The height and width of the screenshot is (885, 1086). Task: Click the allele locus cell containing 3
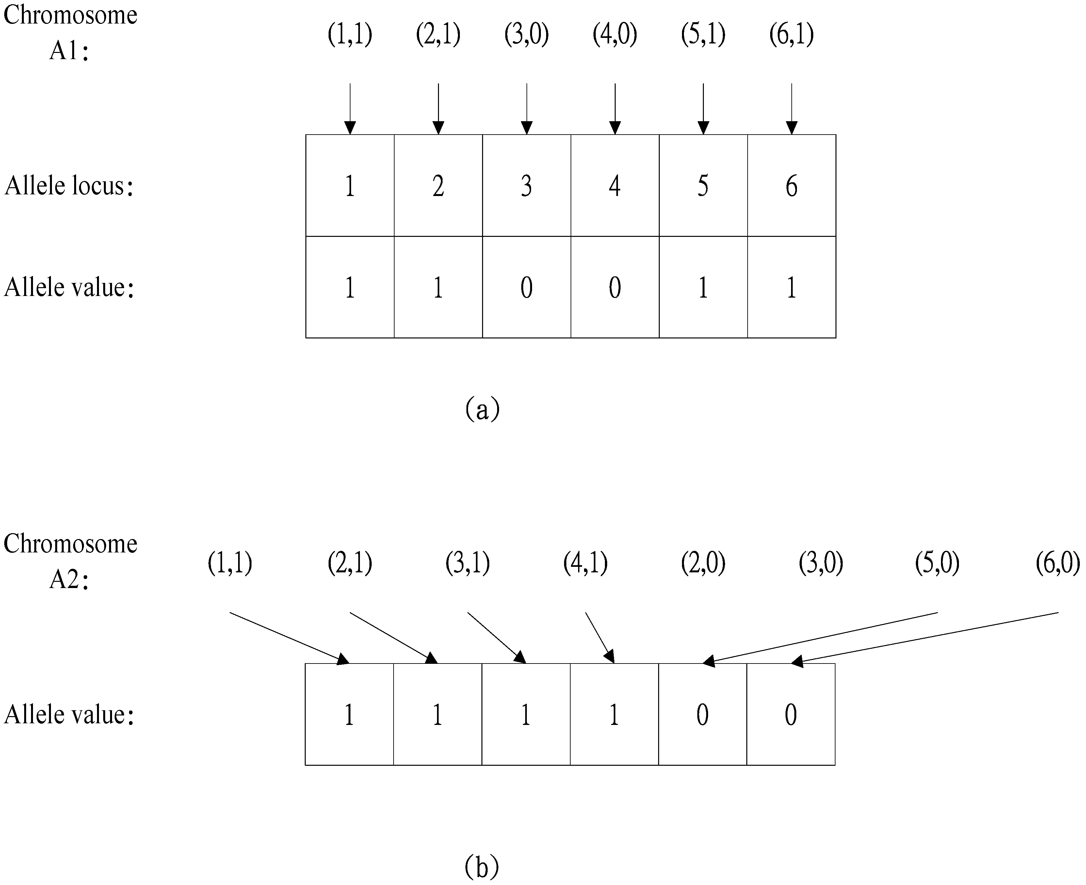[x=527, y=186]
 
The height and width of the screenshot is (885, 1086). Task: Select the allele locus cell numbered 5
[x=703, y=186]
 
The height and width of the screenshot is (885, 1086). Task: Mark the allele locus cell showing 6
[x=791, y=186]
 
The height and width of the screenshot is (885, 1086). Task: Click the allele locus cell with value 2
[x=438, y=186]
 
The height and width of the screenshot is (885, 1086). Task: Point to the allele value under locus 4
[x=615, y=287]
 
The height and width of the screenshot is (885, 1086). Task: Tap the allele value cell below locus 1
[x=349, y=287]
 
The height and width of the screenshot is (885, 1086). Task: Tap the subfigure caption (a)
[x=482, y=409]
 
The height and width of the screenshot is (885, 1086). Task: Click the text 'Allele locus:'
[x=69, y=186]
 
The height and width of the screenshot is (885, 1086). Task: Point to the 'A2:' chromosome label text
[x=69, y=580]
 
